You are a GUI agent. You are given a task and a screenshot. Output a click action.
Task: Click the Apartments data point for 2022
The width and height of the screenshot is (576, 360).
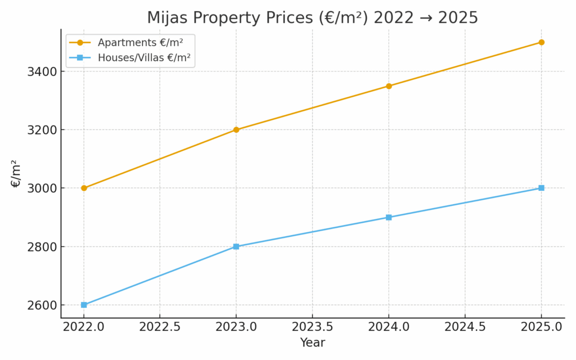(x=84, y=188)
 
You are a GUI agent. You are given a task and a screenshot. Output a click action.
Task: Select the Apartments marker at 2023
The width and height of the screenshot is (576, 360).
(x=236, y=129)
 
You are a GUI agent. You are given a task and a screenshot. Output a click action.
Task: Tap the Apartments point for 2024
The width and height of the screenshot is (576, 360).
(x=389, y=86)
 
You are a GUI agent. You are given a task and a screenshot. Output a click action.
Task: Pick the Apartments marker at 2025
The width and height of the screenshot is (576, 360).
(x=541, y=42)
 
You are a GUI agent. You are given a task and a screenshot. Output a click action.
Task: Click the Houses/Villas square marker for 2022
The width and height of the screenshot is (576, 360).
(x=84, y=305)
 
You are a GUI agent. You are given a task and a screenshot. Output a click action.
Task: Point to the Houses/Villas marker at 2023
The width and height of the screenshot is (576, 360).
(x=236, y=246)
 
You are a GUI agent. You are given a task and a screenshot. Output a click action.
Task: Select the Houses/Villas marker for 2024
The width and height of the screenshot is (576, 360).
(x=389, y=217)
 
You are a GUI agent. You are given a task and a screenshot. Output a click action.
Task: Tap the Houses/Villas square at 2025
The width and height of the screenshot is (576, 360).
(x=541, y=188)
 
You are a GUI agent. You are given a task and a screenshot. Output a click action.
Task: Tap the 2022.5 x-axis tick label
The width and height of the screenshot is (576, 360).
(x=160, y=327)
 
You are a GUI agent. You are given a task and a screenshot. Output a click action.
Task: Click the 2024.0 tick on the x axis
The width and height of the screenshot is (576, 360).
(x=389, y=327)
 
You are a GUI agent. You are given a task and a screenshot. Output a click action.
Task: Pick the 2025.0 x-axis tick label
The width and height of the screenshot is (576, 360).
(x=541, y=327)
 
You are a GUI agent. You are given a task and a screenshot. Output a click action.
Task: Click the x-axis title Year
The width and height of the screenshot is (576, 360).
(x=312, y=343)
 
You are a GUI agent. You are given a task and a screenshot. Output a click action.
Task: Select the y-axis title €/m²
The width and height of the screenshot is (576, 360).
(x=16, y=173)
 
